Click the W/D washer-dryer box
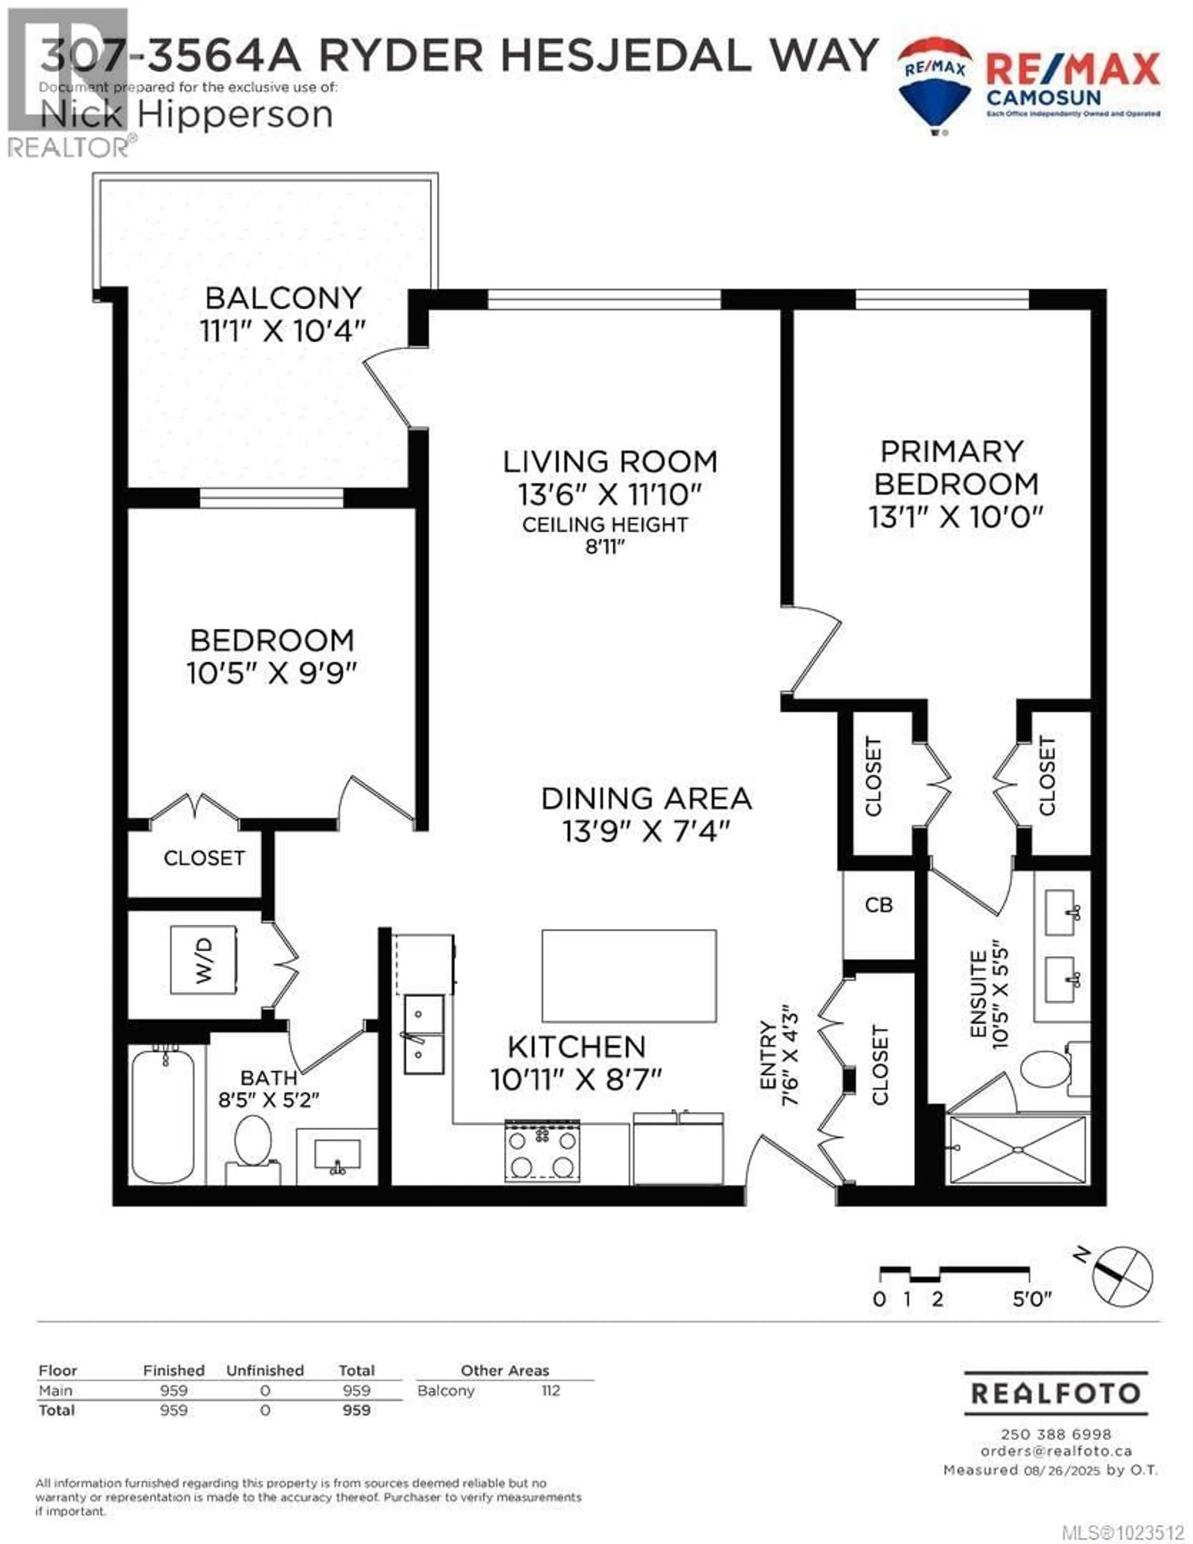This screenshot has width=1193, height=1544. coord(203,959)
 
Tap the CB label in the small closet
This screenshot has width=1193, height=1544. coord(879,905)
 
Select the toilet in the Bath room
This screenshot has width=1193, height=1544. coord(252,1142)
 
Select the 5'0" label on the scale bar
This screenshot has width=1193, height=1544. coord(1032,1299)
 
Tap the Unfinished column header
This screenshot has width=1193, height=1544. coord(265,1370)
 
